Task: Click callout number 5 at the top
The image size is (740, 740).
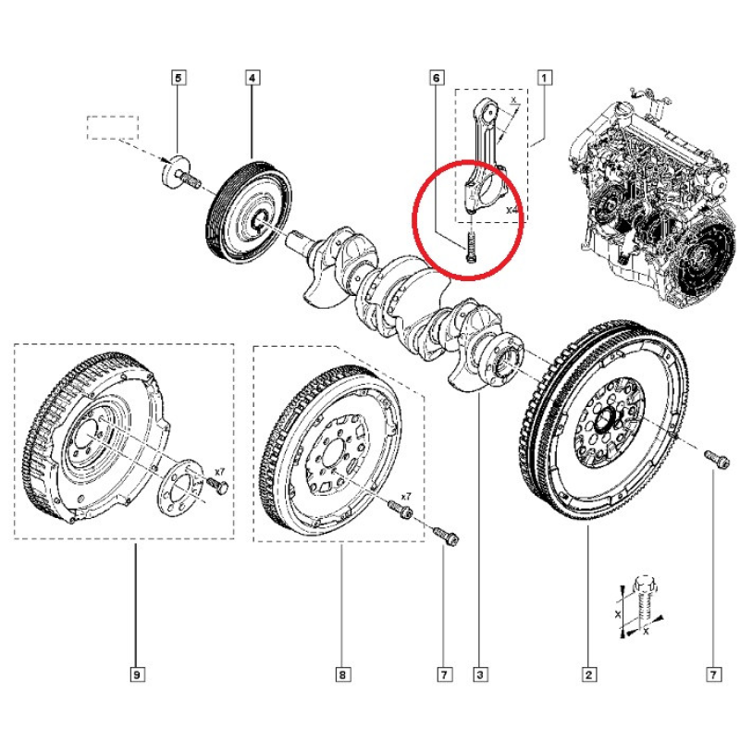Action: [179, 79]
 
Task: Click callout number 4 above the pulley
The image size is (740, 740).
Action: [252, 79]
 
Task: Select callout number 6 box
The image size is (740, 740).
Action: [436, 79]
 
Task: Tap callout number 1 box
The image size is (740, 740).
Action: [546, 79]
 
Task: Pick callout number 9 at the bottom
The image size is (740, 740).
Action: [136, 675]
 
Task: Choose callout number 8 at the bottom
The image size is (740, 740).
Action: [341, 675]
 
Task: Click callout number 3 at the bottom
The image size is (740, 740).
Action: [480, 675]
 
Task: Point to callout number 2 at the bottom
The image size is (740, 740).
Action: [588, 675]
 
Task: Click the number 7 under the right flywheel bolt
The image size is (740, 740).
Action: [712, 675]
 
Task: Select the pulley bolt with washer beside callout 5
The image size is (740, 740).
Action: [179, 175]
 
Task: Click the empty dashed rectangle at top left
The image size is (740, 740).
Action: [112, 128]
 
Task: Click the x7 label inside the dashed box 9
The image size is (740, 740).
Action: [219, 472]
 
